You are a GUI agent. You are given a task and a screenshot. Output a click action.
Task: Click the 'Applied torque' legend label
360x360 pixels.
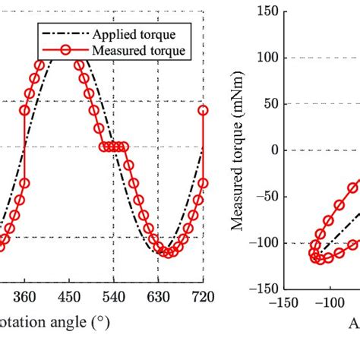tap(134, 34)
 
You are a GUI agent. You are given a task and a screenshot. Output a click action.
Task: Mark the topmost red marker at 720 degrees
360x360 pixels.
tap(203, 110)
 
